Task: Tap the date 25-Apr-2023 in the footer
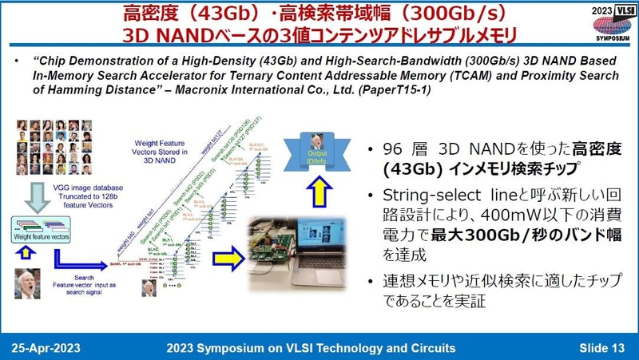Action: tap(55, 348)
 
